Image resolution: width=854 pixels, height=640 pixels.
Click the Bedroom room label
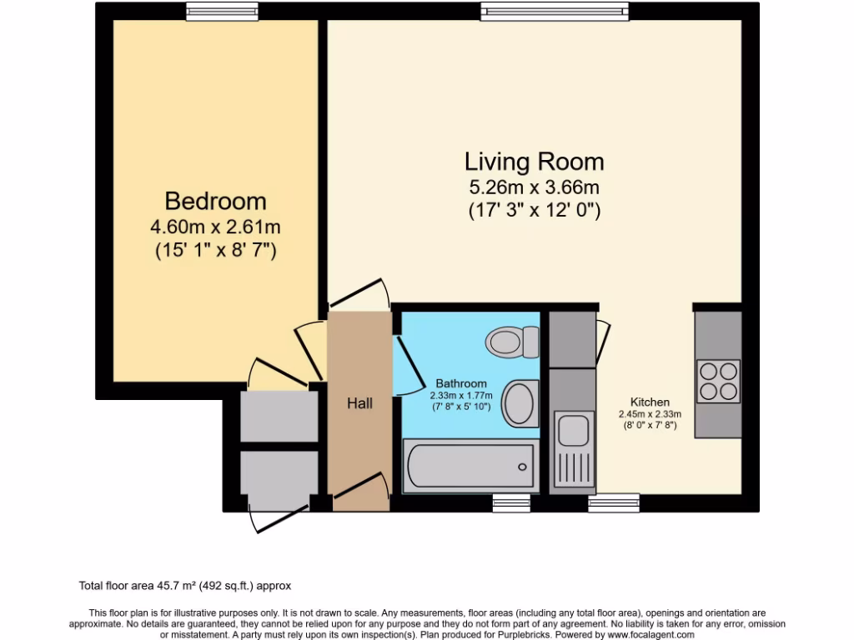coord(215,201)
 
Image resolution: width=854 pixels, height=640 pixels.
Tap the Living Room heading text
coord(534,160)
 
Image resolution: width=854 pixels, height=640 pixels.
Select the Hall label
coord(359,403)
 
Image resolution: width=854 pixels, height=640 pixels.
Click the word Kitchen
coord(650,402)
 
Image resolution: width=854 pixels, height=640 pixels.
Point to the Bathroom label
coord(460,383)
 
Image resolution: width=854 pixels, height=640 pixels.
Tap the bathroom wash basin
coord(521,402)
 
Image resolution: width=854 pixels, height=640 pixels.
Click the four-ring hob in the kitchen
coord(718,381)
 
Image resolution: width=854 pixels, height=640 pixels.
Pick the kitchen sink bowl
coord(574,430)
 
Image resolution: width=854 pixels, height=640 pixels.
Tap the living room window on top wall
coord(554,11)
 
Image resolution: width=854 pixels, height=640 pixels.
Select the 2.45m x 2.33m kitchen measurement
coord(650,414)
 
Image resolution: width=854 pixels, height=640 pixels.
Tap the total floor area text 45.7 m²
coord(185,586)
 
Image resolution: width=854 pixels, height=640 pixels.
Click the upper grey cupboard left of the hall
coord(279,415)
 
